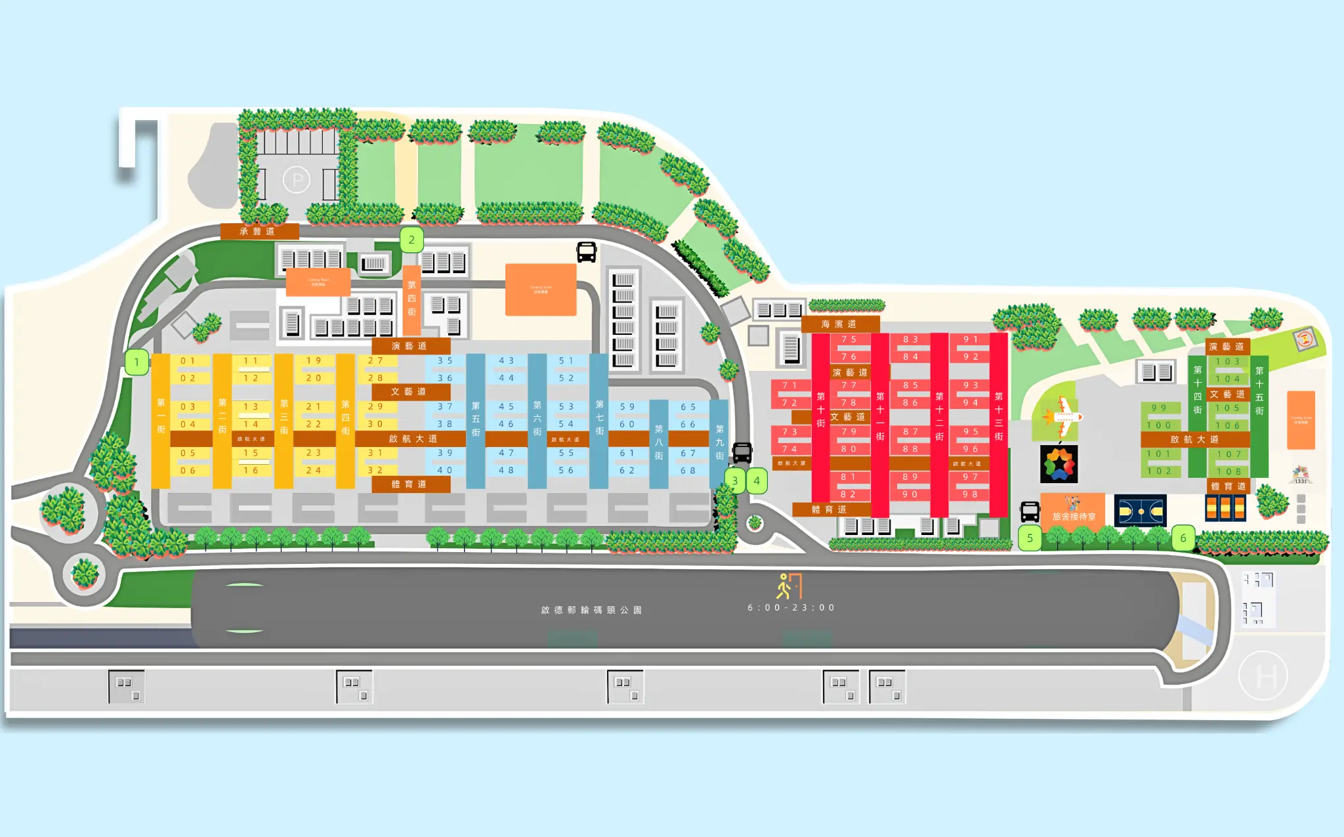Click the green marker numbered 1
click(x=136, y=362)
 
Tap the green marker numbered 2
click(x=411, y=240)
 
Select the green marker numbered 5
click(x=1030, y=538)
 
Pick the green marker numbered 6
click(x=1183, y=538)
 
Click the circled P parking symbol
click(x=297, y=179)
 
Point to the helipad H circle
click(x=1263, y=676)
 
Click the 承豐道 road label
click(x=259, y=231)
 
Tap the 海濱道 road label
click(x=839, y=324)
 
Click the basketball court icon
click(x=1141, y=511)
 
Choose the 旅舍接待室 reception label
click(x=1074, y=516)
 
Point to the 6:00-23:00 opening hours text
click(x=791, y=608)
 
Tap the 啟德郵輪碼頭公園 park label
click(x=591, y=610)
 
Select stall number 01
click(x=188, y=361)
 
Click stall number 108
click(x=1228, y=471)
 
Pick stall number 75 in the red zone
click(x=849, y=339)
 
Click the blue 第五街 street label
click(x=476, y=419)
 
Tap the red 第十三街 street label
click(x=999, y=416)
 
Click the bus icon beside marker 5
click(x=1030, y=511)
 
